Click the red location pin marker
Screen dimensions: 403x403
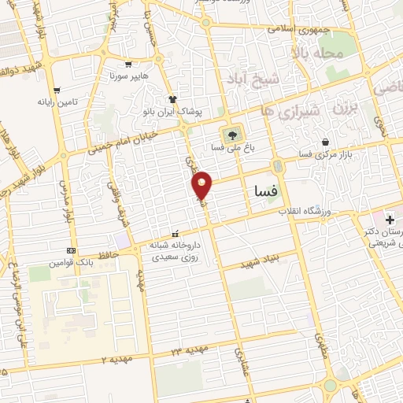coord(202,185)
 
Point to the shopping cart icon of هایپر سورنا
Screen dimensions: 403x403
coord(128,65)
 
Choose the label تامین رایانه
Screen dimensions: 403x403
coord(58,102)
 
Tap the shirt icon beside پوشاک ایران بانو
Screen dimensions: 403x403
coord(172,98)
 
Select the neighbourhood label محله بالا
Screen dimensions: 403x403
coord(317,54)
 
